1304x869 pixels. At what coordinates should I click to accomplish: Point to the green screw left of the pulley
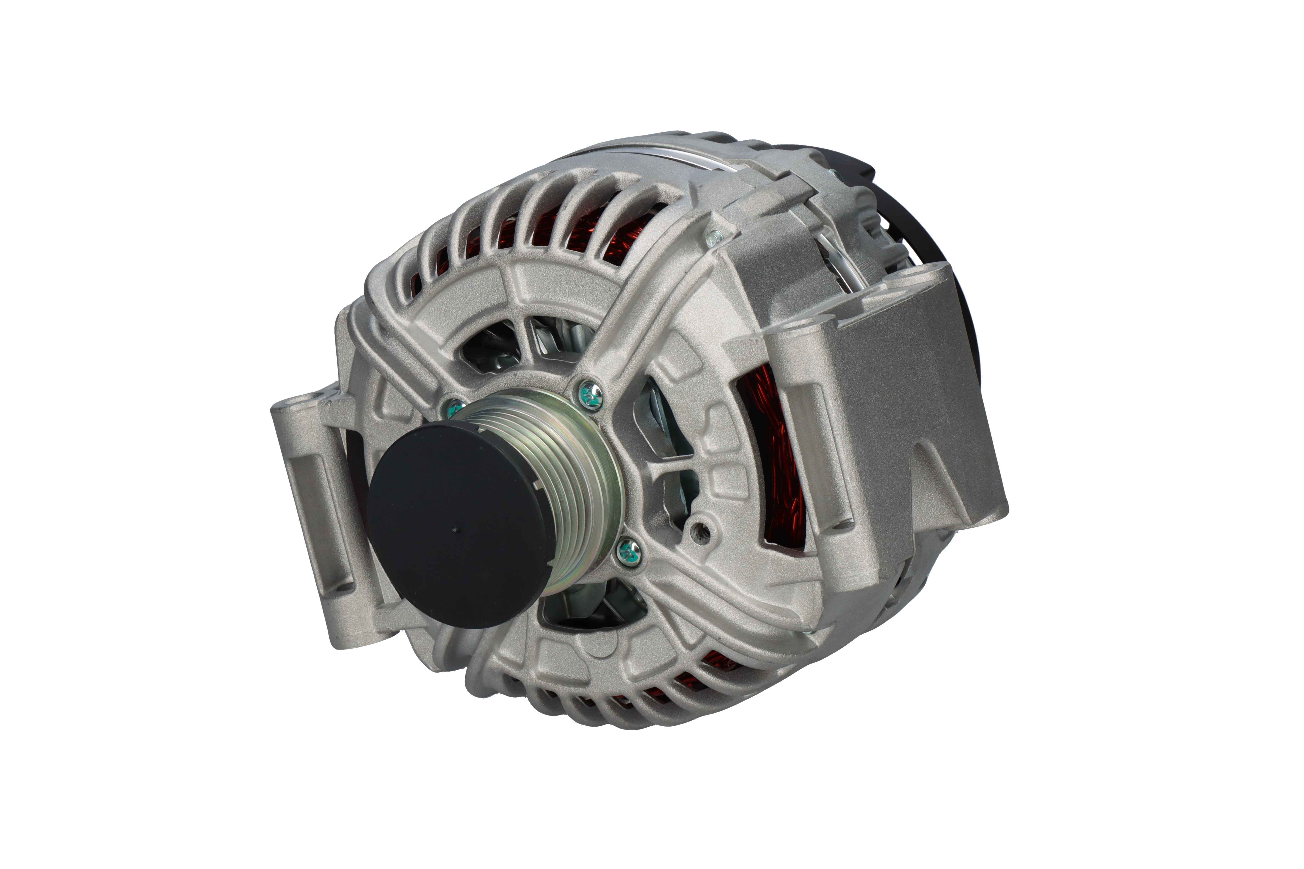point(454,409)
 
